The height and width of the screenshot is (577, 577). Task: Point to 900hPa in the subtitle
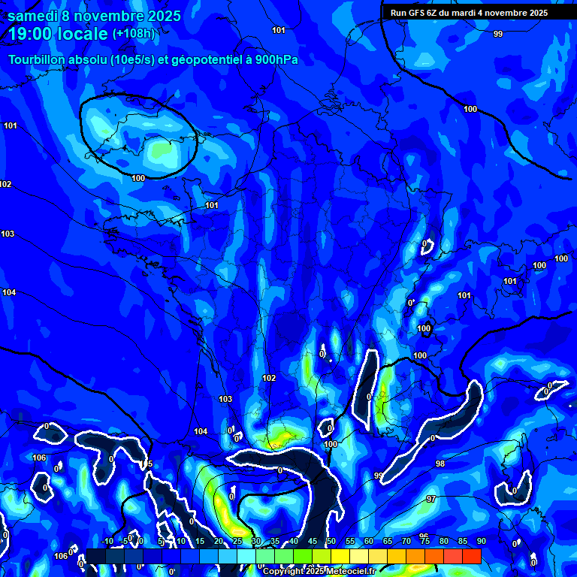pyautogui.click(x=275, y=59)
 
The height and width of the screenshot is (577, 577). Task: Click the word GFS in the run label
pyautogui.click(x=418, y=13)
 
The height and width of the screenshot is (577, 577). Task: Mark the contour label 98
pyautogui.click(x=440, y=464)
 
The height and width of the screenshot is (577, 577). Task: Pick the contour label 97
pyautogui.click(x=431, y=499)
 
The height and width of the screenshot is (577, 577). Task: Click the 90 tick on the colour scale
pyautogui.click(x=481, y=541)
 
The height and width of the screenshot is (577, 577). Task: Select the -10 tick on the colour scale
pyautogui.click(x=107, y=541)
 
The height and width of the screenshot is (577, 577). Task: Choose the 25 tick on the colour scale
pyautogui.click(x=237, y=541)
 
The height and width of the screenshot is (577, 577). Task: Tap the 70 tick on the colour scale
pyautogui.click(x=406, y=541)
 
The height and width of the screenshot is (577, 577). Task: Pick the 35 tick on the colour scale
pyautogui.click(x=275, y=541)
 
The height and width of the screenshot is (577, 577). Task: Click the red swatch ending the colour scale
pyautogui.click(x=471, y=556)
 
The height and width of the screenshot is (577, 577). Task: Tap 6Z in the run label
pyautogui.click(x=435, y=13)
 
